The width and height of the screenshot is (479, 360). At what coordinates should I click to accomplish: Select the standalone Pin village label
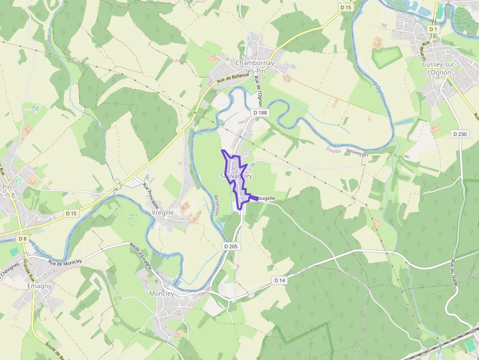(x=7, y=187)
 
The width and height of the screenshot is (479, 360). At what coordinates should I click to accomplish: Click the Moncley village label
(x=161, y=294)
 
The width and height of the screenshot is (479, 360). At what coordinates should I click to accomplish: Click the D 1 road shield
(x=433, y=29)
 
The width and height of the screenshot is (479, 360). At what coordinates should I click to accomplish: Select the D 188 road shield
(x=261, y=113)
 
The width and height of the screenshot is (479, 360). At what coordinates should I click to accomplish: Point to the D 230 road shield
(x=460, y=134)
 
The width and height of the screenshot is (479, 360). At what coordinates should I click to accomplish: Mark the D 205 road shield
(x=231, y=247)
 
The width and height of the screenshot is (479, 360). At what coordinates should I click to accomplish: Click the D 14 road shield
(x=280, y=280)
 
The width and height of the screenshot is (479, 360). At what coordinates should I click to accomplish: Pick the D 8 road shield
(x=22, y=239)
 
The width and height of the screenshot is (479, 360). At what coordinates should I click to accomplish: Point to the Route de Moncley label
(x=65, y=262)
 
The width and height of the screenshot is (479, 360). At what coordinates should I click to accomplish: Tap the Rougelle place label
(x=264, y=198)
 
